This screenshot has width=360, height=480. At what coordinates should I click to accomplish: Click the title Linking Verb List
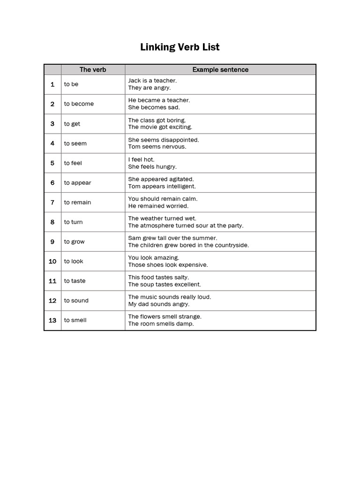[x=180, y=47]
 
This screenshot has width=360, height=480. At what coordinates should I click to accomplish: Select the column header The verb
[x=93, y=70]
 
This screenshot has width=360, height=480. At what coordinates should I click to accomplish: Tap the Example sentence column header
[x=220, y=70]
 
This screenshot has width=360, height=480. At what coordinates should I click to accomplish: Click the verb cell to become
[x=79, y=104]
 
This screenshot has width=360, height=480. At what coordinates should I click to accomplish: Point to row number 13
[x=52, y=321]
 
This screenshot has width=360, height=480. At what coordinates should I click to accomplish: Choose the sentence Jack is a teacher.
[x=152, y=81]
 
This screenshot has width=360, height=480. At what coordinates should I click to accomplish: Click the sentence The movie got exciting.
[x=160, y=127]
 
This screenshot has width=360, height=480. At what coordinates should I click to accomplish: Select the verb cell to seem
[x=75, y=143]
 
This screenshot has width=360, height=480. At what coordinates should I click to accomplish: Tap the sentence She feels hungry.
[x=152, y=166]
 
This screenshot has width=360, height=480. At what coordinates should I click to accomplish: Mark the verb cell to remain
[x=78, y=202]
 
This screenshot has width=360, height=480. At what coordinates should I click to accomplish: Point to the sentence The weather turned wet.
[x=162, y=218]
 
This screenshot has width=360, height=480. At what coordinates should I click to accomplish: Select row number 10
[x=52, y=262]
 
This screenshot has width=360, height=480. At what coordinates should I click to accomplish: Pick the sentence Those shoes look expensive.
[x=168, y=265]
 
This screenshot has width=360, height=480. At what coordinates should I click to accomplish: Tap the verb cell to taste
[x=75, y=281]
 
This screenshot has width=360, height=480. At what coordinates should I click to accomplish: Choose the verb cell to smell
[x=75, y=321]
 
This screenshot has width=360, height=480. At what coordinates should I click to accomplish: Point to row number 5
[x=52, y=163]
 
